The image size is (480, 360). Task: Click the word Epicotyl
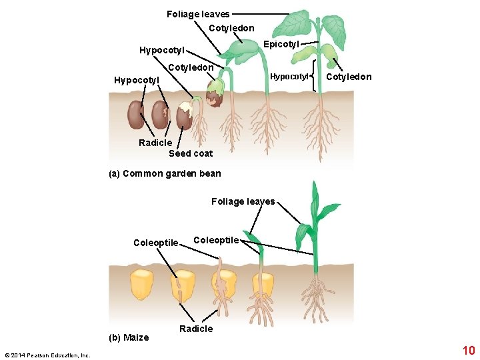click(x=281, y=44)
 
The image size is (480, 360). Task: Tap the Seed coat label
click(x=191, y=153)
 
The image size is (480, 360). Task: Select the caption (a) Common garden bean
click(x=165, y=174)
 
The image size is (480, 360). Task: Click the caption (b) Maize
click(x=129, y=337)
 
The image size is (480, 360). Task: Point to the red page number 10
click(x=469, y=350)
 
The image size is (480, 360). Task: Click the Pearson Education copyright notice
click(x=47, y=355)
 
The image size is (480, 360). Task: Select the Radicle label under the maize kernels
click(x=196, y=329)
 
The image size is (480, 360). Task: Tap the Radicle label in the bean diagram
click(x=155, y=143)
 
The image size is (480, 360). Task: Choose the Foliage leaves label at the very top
click(x=198, y=14)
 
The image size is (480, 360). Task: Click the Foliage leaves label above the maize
click(x=243, y=201)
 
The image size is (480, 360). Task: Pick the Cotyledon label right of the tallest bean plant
click(x=349, y=77)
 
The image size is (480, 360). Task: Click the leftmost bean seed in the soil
click(x=136, y=115)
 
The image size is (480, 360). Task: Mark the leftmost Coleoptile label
click(x=156, y=243)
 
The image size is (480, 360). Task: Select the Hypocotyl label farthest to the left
click(x=137, y=80)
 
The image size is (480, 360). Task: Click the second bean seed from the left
click(x=160, y=115)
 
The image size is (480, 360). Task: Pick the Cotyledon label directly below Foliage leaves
click(x=231, y=28)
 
